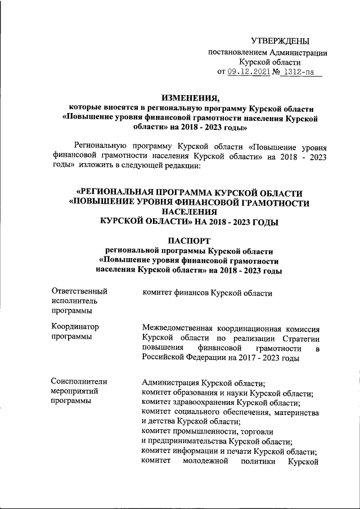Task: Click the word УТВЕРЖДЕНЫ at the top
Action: tap(280, 41)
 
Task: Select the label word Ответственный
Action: tap(79, 292)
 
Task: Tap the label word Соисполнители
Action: tap(79, 382)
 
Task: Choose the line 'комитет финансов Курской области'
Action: tap(208, 293)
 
